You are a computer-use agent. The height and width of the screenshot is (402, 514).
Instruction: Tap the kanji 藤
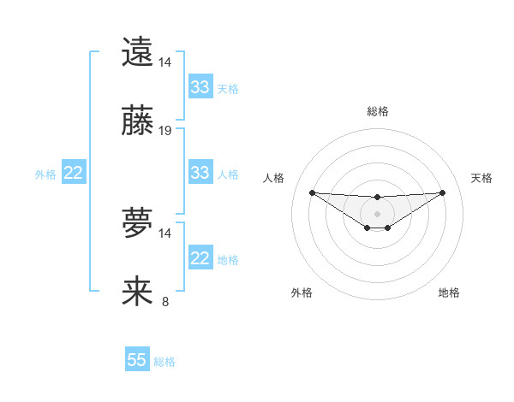[137, 121]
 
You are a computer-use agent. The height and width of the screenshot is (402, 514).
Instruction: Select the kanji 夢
[137, 224]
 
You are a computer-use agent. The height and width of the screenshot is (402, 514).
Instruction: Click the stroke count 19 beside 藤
[165, 131]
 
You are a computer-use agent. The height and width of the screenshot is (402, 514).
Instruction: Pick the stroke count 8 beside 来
[165, 301]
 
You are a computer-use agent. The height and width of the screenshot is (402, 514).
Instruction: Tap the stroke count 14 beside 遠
[165, 62]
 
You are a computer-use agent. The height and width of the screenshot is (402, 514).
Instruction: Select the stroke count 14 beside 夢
[165, 233]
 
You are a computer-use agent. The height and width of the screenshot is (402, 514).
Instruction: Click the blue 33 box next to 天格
[200, 87]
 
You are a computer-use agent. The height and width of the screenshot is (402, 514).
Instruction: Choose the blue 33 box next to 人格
[200, 173]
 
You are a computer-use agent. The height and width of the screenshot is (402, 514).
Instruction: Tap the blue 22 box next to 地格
[200, 259]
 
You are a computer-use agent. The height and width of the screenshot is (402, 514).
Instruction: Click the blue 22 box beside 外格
[73, 173]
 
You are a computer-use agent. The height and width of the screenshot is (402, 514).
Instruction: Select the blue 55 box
[137, 360]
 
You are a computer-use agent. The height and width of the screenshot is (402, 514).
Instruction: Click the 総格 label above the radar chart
[378, 111]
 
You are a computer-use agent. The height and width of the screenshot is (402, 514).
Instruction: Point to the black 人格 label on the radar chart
[274, 178]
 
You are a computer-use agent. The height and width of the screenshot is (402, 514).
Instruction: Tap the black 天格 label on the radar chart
[482, 178]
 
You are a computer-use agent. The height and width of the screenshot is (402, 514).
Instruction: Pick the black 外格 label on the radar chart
[302, 293]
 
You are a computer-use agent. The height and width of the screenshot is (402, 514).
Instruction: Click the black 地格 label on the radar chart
[449, 293]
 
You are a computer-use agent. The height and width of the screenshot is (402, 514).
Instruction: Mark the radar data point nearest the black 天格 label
[442, 192]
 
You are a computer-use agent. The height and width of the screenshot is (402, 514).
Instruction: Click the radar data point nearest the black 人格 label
[313, 192]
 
